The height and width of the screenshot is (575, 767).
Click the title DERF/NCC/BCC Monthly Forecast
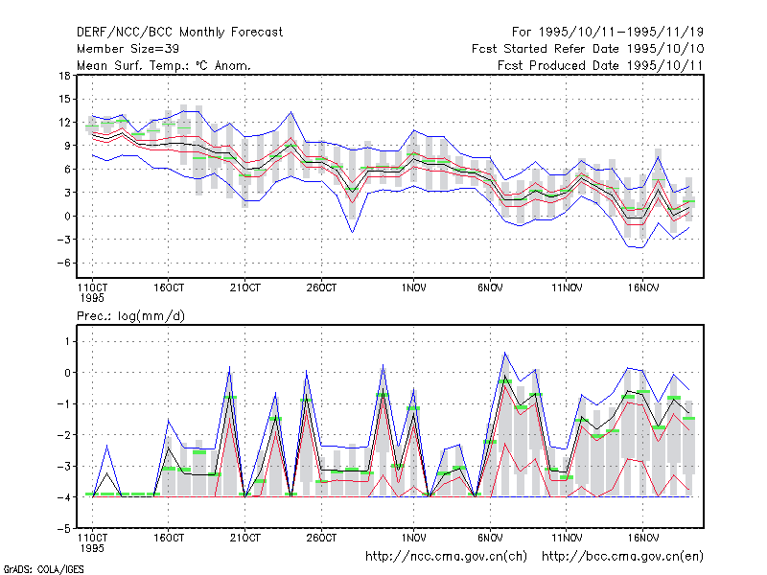coord(179,33)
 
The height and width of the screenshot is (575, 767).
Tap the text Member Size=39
coord(128,49)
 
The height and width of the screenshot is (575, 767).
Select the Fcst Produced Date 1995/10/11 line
coord(600,65)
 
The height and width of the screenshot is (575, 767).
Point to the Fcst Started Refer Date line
coord(588,49)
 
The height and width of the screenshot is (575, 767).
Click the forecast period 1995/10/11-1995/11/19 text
coord(608,33)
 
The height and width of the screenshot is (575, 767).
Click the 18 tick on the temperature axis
coord(64,76)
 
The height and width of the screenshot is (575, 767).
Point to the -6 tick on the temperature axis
coord(63,263)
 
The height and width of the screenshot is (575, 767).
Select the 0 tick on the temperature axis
coord(67,217)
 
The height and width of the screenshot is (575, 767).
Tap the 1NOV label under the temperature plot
coord(414,288)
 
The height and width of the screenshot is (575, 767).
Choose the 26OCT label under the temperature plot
coord(321,288)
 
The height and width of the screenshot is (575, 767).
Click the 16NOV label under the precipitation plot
coord(642,539)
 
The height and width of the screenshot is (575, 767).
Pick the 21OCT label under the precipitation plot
coord(245,539)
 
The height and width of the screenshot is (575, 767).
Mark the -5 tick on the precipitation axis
coord(63,529)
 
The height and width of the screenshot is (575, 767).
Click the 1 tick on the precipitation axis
coord(67,341)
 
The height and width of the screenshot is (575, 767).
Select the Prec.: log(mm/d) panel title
coord(130,316)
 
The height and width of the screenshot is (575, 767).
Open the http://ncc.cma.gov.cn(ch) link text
coord(446,557)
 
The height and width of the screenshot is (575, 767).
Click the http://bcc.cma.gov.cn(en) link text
coord(622,557)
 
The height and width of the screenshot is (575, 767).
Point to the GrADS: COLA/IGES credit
coord(43,569)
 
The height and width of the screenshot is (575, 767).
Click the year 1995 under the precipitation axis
coord(92,548)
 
